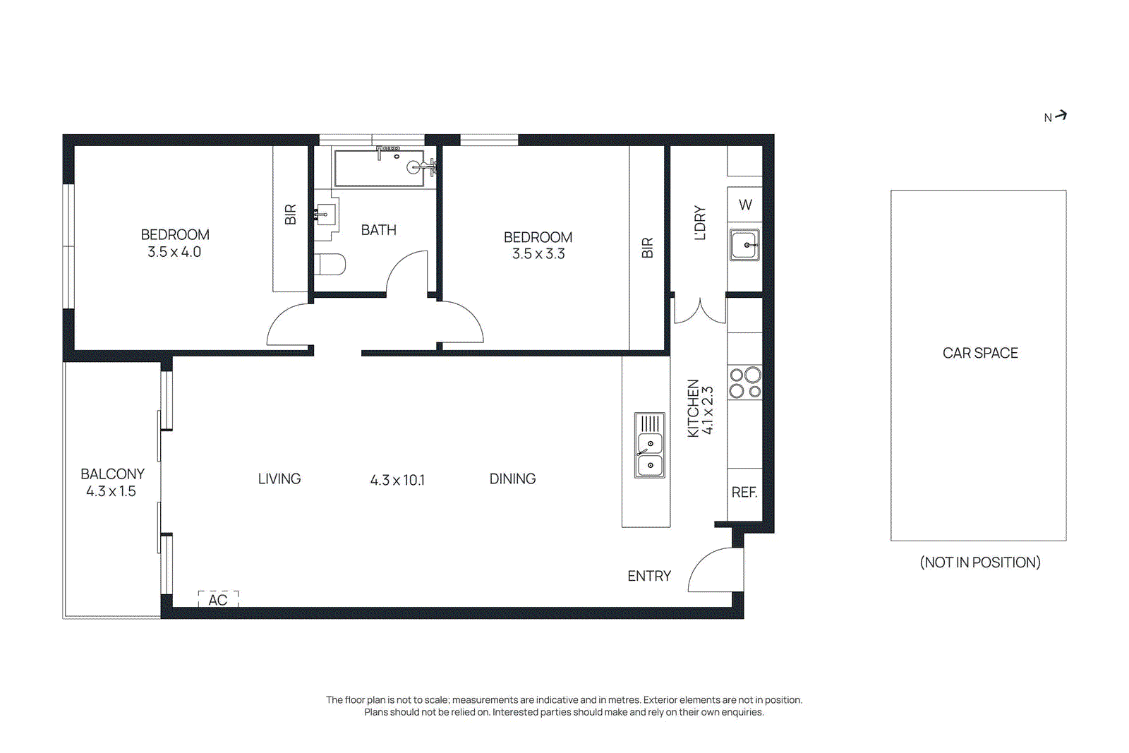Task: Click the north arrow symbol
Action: [1061, 116]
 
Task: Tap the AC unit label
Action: [218, 600]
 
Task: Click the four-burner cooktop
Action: [745, 382]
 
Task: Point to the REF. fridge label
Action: [744, 493]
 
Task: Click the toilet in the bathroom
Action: [330, 264]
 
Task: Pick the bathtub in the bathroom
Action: [379, 169]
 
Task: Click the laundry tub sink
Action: [744, 245]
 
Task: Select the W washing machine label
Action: [745, 205]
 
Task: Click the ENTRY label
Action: [649, 577]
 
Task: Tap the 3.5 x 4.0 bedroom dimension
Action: [174, 252]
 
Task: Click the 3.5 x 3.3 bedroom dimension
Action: [538, 254]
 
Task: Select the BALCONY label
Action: [112, 474]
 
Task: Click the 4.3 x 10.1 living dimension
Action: [397, 481]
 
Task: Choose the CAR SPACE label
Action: [980, 353]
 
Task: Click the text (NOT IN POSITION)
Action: [980, 562]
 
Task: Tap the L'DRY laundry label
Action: [700, 223]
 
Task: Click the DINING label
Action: [512, 479]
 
